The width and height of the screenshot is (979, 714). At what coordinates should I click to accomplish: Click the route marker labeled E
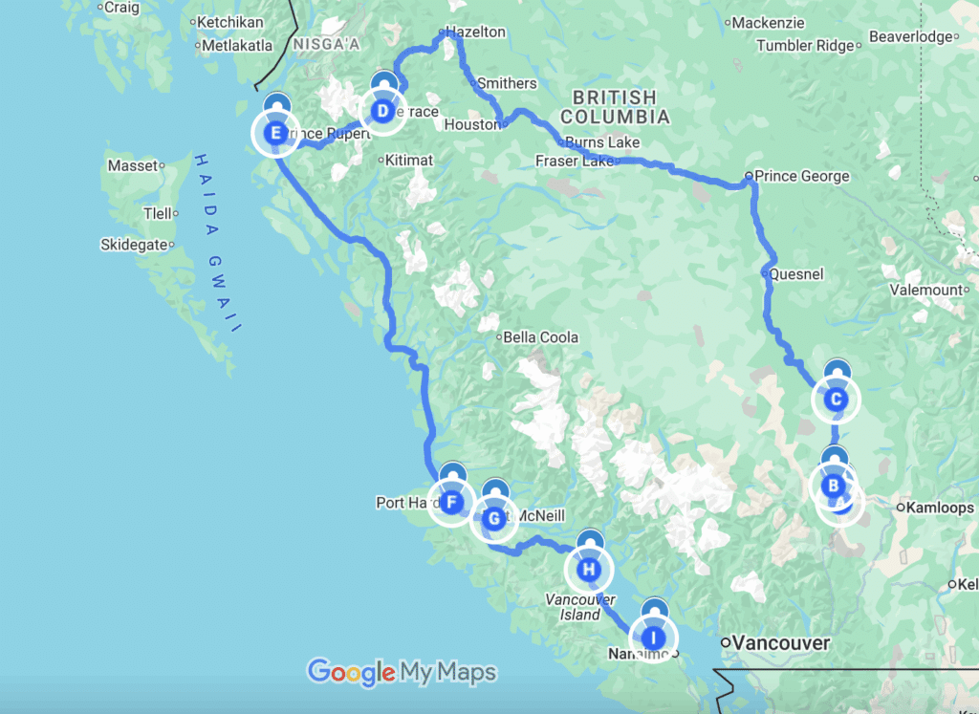coord(275,133)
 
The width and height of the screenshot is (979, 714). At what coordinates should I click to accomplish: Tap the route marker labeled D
coord(382,112)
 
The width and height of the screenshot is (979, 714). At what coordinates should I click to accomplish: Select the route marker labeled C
coord(836,400)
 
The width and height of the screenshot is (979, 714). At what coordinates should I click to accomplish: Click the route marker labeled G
coord(493,519)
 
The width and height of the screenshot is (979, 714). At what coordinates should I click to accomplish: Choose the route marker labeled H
coord(589,571)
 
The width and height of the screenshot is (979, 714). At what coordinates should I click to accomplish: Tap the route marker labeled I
coord(653,638)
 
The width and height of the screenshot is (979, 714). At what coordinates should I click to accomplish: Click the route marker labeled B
coord(834,486)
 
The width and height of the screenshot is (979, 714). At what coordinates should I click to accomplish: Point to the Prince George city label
coord(801,176)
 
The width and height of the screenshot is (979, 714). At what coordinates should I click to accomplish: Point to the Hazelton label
coord(475,32)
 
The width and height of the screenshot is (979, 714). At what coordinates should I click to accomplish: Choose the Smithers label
coord(506,83)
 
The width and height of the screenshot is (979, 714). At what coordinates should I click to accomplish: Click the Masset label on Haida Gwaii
coord(132,166)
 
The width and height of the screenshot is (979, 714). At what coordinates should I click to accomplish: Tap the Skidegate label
coord(135,246)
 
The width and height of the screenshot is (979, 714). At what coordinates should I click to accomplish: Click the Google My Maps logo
coord(402,672)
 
